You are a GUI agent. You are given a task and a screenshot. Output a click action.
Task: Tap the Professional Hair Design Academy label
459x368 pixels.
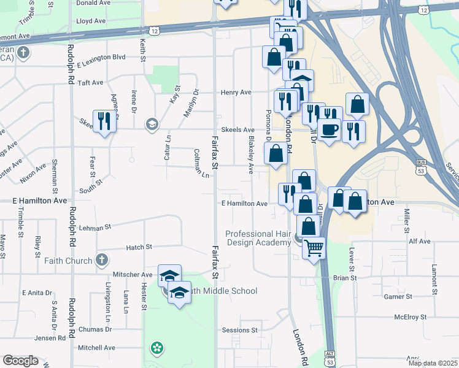[x=258, y=238]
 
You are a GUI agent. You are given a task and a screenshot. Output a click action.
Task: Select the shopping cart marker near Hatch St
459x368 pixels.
[x=314, y=248]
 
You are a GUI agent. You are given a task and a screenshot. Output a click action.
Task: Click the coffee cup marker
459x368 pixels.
[x=330, y=129]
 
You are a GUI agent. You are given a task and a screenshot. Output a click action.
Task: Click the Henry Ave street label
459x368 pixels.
[x=237, y=93]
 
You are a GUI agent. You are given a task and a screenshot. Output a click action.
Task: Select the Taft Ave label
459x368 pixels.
[x=91, y=82]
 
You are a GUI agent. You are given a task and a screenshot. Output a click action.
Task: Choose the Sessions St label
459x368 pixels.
[x=240, y=330]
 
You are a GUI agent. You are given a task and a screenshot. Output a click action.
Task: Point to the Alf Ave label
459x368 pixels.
[x=420, y=242]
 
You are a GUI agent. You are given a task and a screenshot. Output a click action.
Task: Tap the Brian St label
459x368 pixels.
[x=345, y=278]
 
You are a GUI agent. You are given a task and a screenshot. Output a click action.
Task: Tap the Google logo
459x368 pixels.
[x=20, y=361]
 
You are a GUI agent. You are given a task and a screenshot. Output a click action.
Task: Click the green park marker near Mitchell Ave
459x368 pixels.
[x=157, y=348]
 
